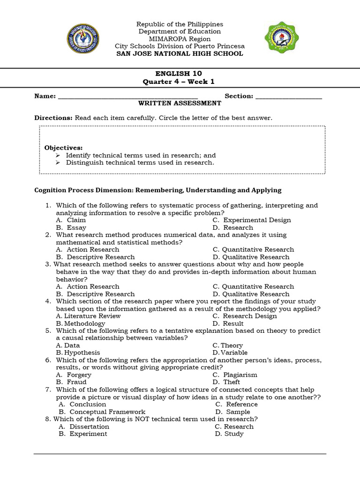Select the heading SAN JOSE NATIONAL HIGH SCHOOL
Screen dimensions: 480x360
(x=180, y=54)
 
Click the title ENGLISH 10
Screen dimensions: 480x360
(x=180, y=74)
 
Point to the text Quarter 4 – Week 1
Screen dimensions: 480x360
(x=180, y=82)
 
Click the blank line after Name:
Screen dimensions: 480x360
(x=124, y=97)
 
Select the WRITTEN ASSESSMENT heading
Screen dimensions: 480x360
(x=180, y=103)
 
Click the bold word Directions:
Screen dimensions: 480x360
(x=53, y=118)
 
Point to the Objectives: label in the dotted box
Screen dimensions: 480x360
(x=63, y=148)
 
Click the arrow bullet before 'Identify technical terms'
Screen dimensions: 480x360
(x=58, y=155)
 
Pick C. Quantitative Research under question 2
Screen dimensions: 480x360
(x=253, y=250)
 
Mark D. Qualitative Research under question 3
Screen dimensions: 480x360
(x=251, y=294)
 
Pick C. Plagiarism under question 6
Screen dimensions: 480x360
(x=235, y=375)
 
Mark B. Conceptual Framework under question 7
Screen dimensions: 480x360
(x=102, y=412)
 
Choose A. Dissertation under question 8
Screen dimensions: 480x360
(x=84, y=427)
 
